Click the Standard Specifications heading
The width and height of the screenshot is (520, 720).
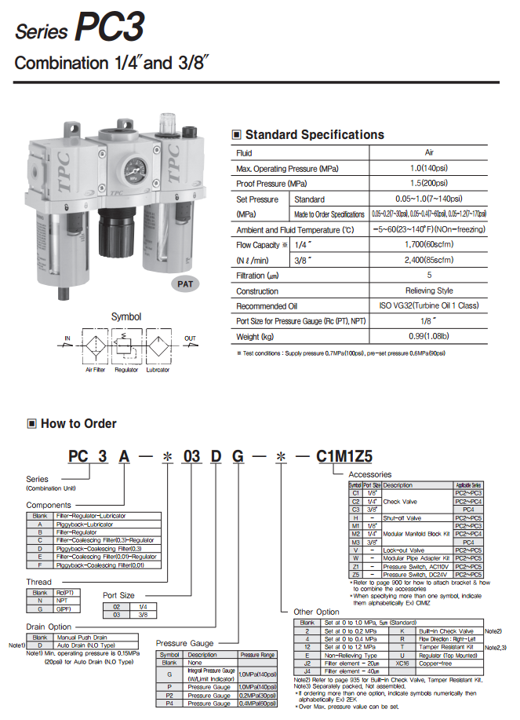point(314,135)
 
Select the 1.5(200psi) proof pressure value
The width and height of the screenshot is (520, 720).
point(428,183)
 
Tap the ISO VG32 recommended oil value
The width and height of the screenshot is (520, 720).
point(428,305)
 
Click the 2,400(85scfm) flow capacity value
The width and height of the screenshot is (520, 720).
point(428,259)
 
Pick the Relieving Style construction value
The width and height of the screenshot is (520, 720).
point(428,291)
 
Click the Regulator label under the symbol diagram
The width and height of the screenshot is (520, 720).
point(126,370)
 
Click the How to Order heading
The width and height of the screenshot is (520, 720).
point(78,424)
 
